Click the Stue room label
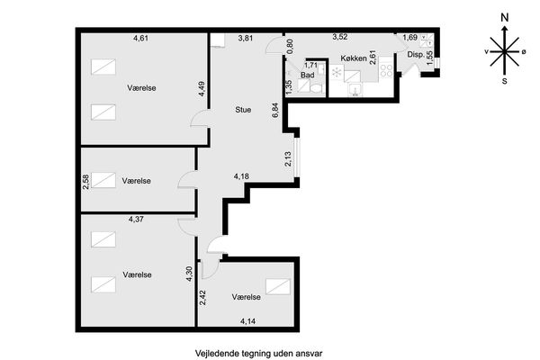243,110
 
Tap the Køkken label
354,58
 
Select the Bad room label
307,75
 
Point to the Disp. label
416,54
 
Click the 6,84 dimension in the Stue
275,110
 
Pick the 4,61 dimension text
140,38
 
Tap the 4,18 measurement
241,176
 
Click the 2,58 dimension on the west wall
85,182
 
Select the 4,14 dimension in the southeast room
248,321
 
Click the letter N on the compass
505,18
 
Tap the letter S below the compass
505,81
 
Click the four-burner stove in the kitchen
386,70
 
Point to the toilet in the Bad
316,88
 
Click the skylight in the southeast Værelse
278,286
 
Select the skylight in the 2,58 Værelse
103,180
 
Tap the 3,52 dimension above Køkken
339,37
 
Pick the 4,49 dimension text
202,89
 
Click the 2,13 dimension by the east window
288,159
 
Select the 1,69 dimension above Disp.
410,38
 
